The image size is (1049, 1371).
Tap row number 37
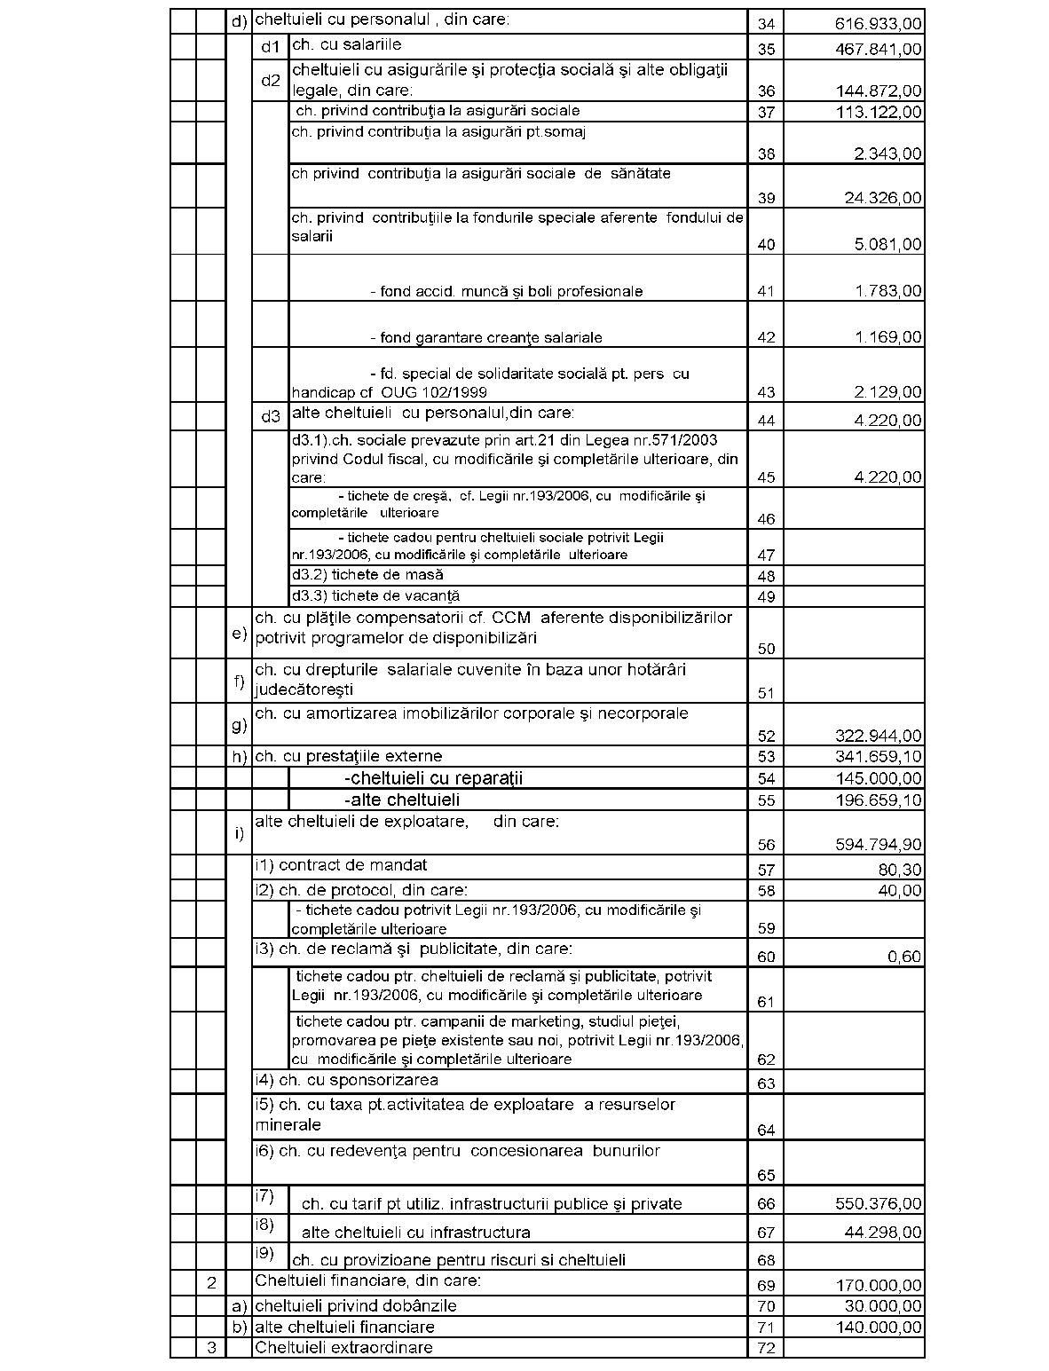pyautogui.click(x=766, y=112)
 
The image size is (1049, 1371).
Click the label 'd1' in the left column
pyautogui.click(x=270, y=46)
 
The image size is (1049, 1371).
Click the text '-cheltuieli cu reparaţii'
pyautogui.click(x=433, y=778)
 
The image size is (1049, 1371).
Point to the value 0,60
pyautogui.click(x=904, y=957)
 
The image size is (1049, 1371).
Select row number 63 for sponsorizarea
pyautogui.click(x=766, y=1083)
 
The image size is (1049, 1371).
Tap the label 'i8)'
pyautogui.click(x=264, y=1225)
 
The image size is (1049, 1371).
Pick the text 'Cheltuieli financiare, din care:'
pyautogui.click(x=367, y=1280)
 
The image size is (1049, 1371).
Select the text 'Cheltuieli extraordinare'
pyautogui.click(x=343, y=1348)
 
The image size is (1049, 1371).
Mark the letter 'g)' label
pyautogui.click(x=239, y=725)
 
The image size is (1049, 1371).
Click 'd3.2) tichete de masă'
pyautogui.click(x=367, y=575)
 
